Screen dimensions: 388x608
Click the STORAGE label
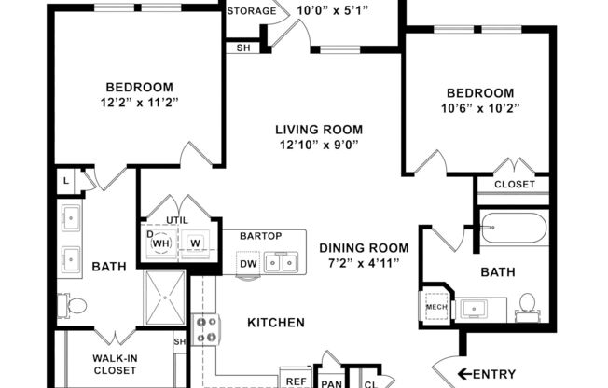(251, 12)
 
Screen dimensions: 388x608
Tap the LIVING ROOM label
(318, 130)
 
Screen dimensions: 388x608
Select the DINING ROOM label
(364, 247)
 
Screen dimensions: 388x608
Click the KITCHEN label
(275, 323)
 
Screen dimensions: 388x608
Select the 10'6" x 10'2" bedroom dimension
(479, 108)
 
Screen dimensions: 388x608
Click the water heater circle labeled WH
(161, 243)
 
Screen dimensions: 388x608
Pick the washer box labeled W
(196, 243)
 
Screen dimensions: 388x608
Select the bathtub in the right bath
(513, 229)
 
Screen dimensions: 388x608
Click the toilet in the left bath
(75, 304)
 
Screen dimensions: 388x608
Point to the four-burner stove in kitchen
(204, 329)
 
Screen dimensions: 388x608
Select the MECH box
(435, 306)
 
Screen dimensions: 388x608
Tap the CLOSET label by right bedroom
(514, 185)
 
